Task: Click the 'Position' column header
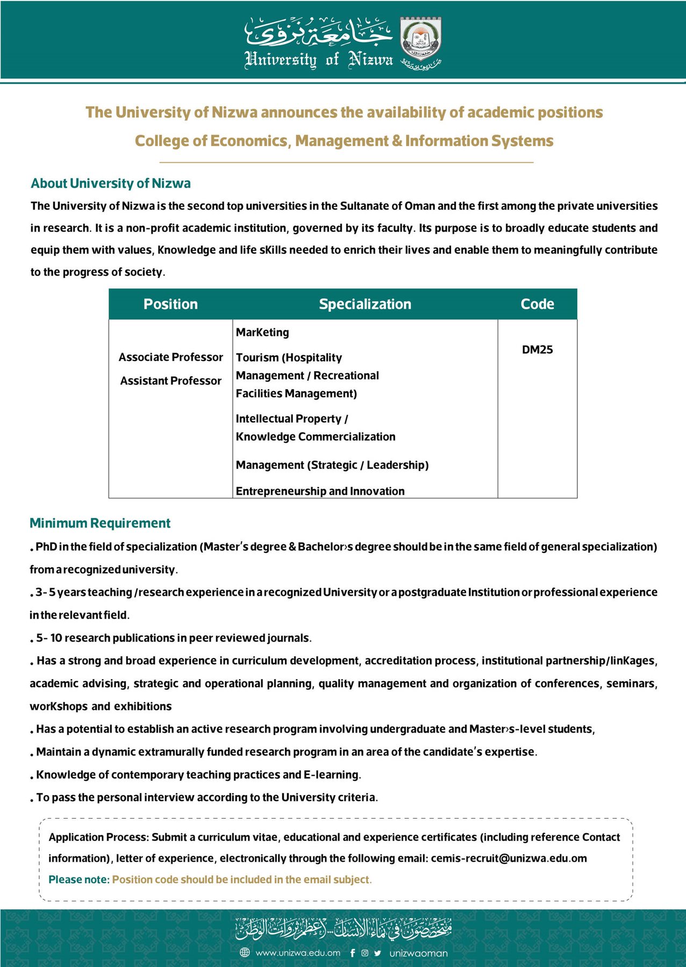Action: pos(170,304)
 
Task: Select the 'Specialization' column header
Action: pos(365,304)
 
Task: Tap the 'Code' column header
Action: pos(537,304)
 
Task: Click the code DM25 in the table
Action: pos(537,350)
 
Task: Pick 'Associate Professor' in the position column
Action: pos(170,357)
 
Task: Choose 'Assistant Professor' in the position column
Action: pos(170,381)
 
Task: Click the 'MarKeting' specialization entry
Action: pos(262,333)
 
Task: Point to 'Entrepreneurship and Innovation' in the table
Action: pos(320,491)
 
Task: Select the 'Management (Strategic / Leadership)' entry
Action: pos(332,465)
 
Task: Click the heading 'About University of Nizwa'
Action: pos(110,183)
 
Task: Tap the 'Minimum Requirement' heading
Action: pos(100,523)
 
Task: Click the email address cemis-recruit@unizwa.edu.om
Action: pos(509,858)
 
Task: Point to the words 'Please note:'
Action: pos(79,879)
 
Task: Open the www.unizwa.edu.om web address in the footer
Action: pos(298,953)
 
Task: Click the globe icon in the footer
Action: pos(245,953)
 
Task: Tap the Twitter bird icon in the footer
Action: pos(377,953)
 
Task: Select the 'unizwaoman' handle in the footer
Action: pos(418,954)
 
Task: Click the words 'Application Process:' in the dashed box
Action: pos(99,837)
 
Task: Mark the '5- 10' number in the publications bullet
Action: pos(49,638)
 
